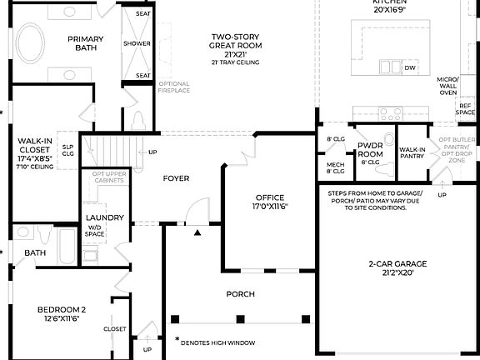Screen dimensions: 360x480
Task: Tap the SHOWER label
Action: point(137,43)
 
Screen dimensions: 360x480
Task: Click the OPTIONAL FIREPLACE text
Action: point(173,87)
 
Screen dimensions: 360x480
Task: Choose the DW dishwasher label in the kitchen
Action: point(409,67)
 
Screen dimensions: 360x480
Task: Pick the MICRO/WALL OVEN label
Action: point(447,86)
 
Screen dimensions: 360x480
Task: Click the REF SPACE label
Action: point(465,109)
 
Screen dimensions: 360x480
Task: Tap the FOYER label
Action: point(176,178)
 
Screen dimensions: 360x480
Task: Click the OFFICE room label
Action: point(269,200)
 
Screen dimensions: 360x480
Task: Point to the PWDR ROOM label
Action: point(369,150)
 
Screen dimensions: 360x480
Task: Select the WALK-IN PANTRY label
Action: point(412,153)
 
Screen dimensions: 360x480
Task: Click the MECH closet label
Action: point(335,168)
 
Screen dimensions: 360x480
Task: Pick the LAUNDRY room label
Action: point(105,217)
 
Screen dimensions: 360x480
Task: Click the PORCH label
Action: point(240,294)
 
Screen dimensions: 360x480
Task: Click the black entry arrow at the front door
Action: point(197,233)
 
